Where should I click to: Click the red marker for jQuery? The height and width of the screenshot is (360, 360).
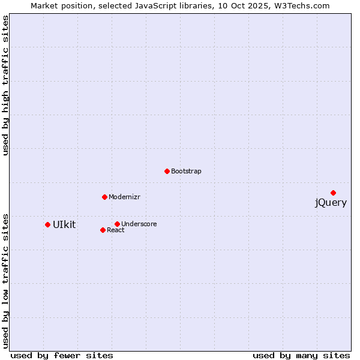(x=333, y=193)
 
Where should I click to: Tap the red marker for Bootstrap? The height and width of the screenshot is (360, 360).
(x=167, y=171)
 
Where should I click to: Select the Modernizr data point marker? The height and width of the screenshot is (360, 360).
(x=104, y=197)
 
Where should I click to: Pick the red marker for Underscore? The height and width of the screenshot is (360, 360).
(x=117, y=224)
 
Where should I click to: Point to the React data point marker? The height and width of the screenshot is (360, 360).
(x=103, y=230)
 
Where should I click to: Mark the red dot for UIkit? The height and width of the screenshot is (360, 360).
(x=47, y=224)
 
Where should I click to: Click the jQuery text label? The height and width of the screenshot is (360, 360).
(x=331, y=203)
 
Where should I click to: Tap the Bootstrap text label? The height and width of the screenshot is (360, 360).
(x=186, y=172)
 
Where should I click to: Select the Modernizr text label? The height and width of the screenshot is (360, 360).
(x=124, y=197)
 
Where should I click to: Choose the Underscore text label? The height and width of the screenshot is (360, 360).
(x=139, y=224)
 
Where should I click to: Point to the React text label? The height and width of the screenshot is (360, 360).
(x=115, y=230)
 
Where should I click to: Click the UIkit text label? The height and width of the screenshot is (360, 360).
(x=64, y=225)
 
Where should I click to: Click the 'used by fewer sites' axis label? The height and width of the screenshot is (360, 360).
(x=62, y=356)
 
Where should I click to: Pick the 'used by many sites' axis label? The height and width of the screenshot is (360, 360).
(x=301, y=356)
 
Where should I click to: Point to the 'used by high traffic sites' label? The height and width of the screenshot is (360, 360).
(x=6, y=86)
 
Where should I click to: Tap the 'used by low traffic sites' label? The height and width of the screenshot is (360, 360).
(x=6, y=280)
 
